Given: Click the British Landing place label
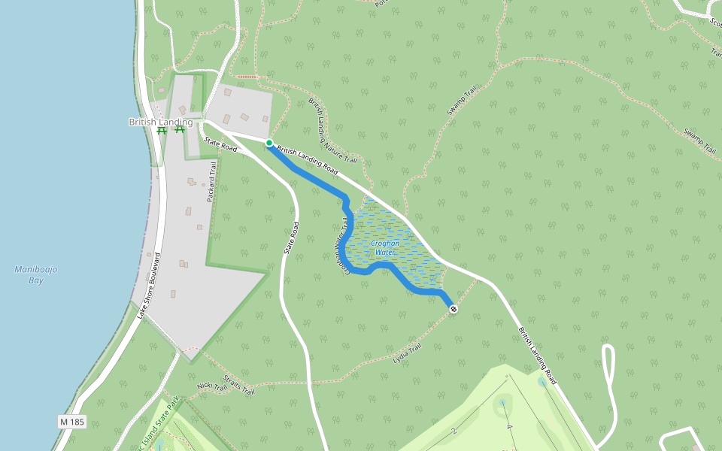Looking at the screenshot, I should point(160,122).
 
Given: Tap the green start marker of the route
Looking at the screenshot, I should point(268,143).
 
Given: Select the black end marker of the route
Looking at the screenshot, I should point(453,309).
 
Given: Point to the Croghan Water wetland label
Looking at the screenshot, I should point(386,247).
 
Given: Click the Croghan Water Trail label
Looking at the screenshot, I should point(342,248).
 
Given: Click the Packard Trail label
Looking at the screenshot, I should point(211,183).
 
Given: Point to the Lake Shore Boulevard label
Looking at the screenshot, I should point(150,286).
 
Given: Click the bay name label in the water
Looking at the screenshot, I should point(32,274).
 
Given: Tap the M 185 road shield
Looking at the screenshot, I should point(71,422).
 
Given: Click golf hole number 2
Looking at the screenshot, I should point(454,431).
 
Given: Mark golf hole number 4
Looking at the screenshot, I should point(509,427).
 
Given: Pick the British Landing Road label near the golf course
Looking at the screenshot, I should point(537,354).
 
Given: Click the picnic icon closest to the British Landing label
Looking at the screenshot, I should point(179,129).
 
